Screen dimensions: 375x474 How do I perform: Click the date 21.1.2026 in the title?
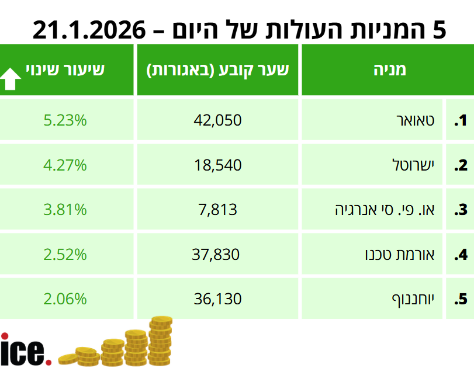(x=88, y=29)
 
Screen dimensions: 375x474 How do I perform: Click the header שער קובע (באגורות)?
(x=218, y=70)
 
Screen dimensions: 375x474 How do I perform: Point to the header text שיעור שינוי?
(x=65, y=70)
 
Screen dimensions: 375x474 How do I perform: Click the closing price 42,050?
(x=217, y=121)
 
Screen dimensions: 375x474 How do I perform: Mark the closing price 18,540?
(x=217, y=165)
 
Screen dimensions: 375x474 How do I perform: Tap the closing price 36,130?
(x=217, y=300)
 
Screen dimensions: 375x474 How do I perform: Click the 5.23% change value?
(x=65, y=121)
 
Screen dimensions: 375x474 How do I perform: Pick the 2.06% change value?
(x=65, y=300)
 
